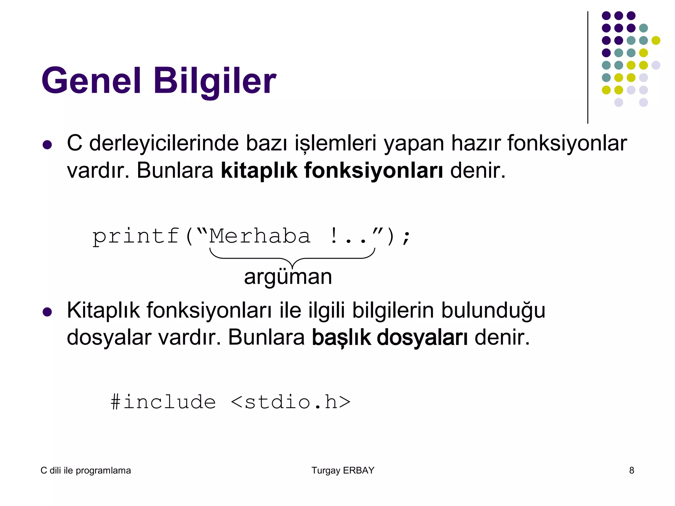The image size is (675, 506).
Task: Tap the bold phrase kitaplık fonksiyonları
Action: [332, 171]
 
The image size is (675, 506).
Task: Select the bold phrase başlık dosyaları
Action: [390, 338]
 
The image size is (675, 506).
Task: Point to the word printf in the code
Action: [136, 237]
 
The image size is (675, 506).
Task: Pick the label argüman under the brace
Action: [288, 277]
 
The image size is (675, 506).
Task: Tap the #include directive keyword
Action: [163, 402]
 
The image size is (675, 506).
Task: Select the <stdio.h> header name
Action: [290, 402]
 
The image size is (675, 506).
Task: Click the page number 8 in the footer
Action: [631, 470]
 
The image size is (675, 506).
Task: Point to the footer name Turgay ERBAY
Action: [343, 470]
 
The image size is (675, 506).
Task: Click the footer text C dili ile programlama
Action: [86, 470]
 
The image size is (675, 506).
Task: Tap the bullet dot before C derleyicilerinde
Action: [47, 145]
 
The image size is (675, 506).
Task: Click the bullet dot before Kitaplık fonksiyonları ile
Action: [47, 312]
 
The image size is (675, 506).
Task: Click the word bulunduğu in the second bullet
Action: [493, 311]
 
